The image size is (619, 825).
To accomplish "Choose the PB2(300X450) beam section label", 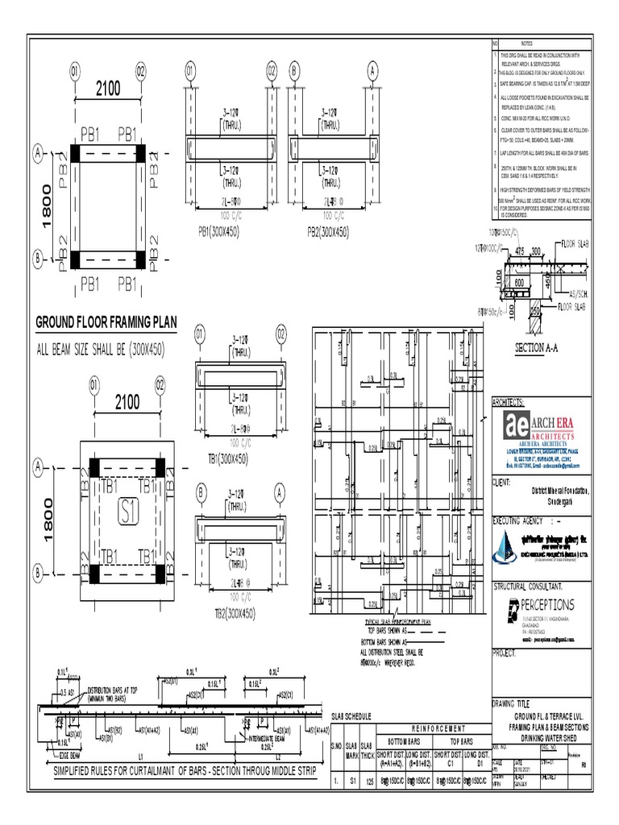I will (x=328, y=232).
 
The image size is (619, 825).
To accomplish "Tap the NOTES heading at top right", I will (x=528, y=44).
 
